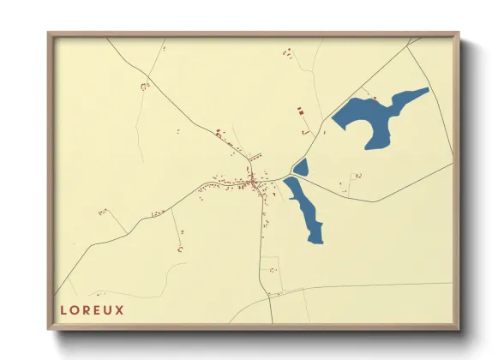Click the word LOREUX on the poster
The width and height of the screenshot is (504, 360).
tap(92, 310)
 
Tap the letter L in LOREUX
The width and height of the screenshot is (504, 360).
tap(63, 310)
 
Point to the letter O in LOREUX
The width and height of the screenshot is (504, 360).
tap(74, 310)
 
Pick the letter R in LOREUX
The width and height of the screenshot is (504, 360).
tap(86, 310)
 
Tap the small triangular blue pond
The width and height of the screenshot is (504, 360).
tap(301, 167)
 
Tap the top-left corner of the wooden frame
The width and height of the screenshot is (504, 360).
tap(49, 33)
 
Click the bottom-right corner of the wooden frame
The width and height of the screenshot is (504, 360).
tap(459, 329)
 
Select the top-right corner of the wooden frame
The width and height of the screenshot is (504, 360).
tap(459, 33)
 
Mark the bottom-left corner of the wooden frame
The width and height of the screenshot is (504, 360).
tap(49, 329)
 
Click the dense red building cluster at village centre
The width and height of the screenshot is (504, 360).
tap(252, 182)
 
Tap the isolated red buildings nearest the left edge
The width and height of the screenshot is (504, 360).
tap(102, 211)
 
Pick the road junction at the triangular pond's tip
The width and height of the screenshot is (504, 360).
tap(292, 176)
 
